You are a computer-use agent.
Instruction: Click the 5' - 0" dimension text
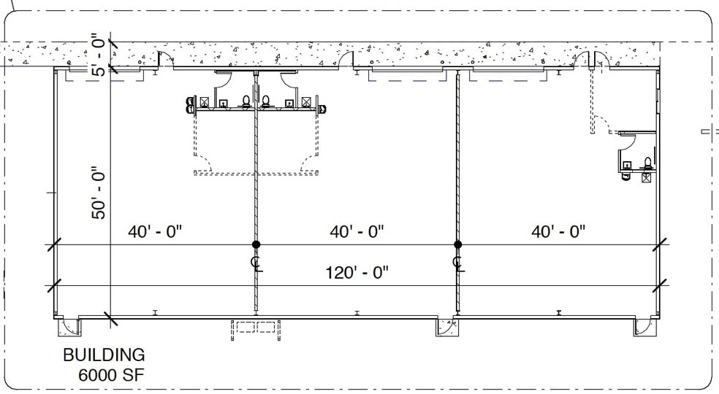pyautogui.click(x=100, y=54)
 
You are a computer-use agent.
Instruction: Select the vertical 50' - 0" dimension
pyautogui.click(x=99, y=193)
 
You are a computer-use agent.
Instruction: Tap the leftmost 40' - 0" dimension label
pyautogui.click(x=155, y=231)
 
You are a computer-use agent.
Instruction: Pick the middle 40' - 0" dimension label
pyautogui.click(x=357, y=231)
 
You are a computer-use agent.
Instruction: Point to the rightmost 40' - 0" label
pyautogui.click(x=558, y=231)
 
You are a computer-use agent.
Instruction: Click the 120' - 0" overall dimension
pyautogui.click(x=357, y=273)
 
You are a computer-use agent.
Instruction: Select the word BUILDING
pyautogui.click(x=104, y=355)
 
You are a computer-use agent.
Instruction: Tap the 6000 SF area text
pyautogui.click(x=111, y=375)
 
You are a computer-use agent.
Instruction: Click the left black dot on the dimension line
pyautogui.click(x=256, y=244)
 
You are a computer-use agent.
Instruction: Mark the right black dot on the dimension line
pyautogui.click(x=457, y=244)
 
